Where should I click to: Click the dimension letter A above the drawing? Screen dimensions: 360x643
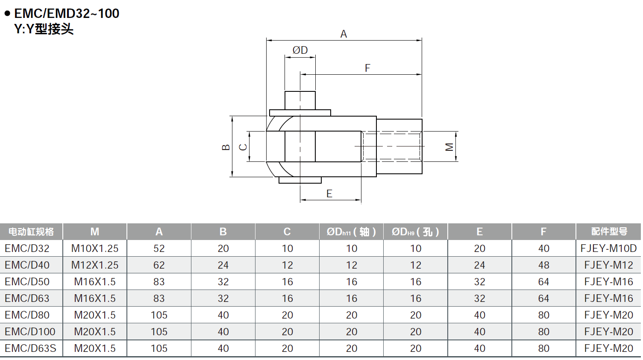[x=344, y=34]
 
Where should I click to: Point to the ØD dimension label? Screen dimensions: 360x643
[x=300, y=50]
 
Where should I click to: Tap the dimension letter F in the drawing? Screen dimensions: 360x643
[x=367, y=68]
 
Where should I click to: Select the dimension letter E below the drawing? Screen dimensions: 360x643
[x=329, y=194]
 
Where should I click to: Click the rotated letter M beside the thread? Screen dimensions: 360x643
[x=449, y=147]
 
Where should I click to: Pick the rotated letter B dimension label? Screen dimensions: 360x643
[x=226, y=147]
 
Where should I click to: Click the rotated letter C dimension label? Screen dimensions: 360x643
[x=243, y=147]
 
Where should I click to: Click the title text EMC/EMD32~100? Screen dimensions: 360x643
[x=67, y=14]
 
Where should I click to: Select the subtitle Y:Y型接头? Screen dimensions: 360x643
[x=44, y=29]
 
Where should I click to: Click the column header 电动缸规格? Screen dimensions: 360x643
[x=31, y=232]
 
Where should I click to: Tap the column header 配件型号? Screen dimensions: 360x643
[x=609, y=232]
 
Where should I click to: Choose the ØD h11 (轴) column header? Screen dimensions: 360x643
[x=351, y=232]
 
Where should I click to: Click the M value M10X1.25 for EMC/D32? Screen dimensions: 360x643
[x=95, y=249]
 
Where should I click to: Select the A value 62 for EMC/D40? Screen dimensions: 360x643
[x=159, y=265]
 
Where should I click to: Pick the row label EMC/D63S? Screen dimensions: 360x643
[x=30, y=348]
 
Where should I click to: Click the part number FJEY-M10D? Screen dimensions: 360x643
[x=608, y=249]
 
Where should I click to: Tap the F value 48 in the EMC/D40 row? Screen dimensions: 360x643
[x=543, y=265]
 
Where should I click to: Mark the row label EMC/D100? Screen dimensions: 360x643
[x=30, y=332]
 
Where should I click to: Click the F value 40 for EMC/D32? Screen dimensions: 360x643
[x=543, y=249]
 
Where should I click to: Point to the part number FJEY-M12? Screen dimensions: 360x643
[x=608, y=265]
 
